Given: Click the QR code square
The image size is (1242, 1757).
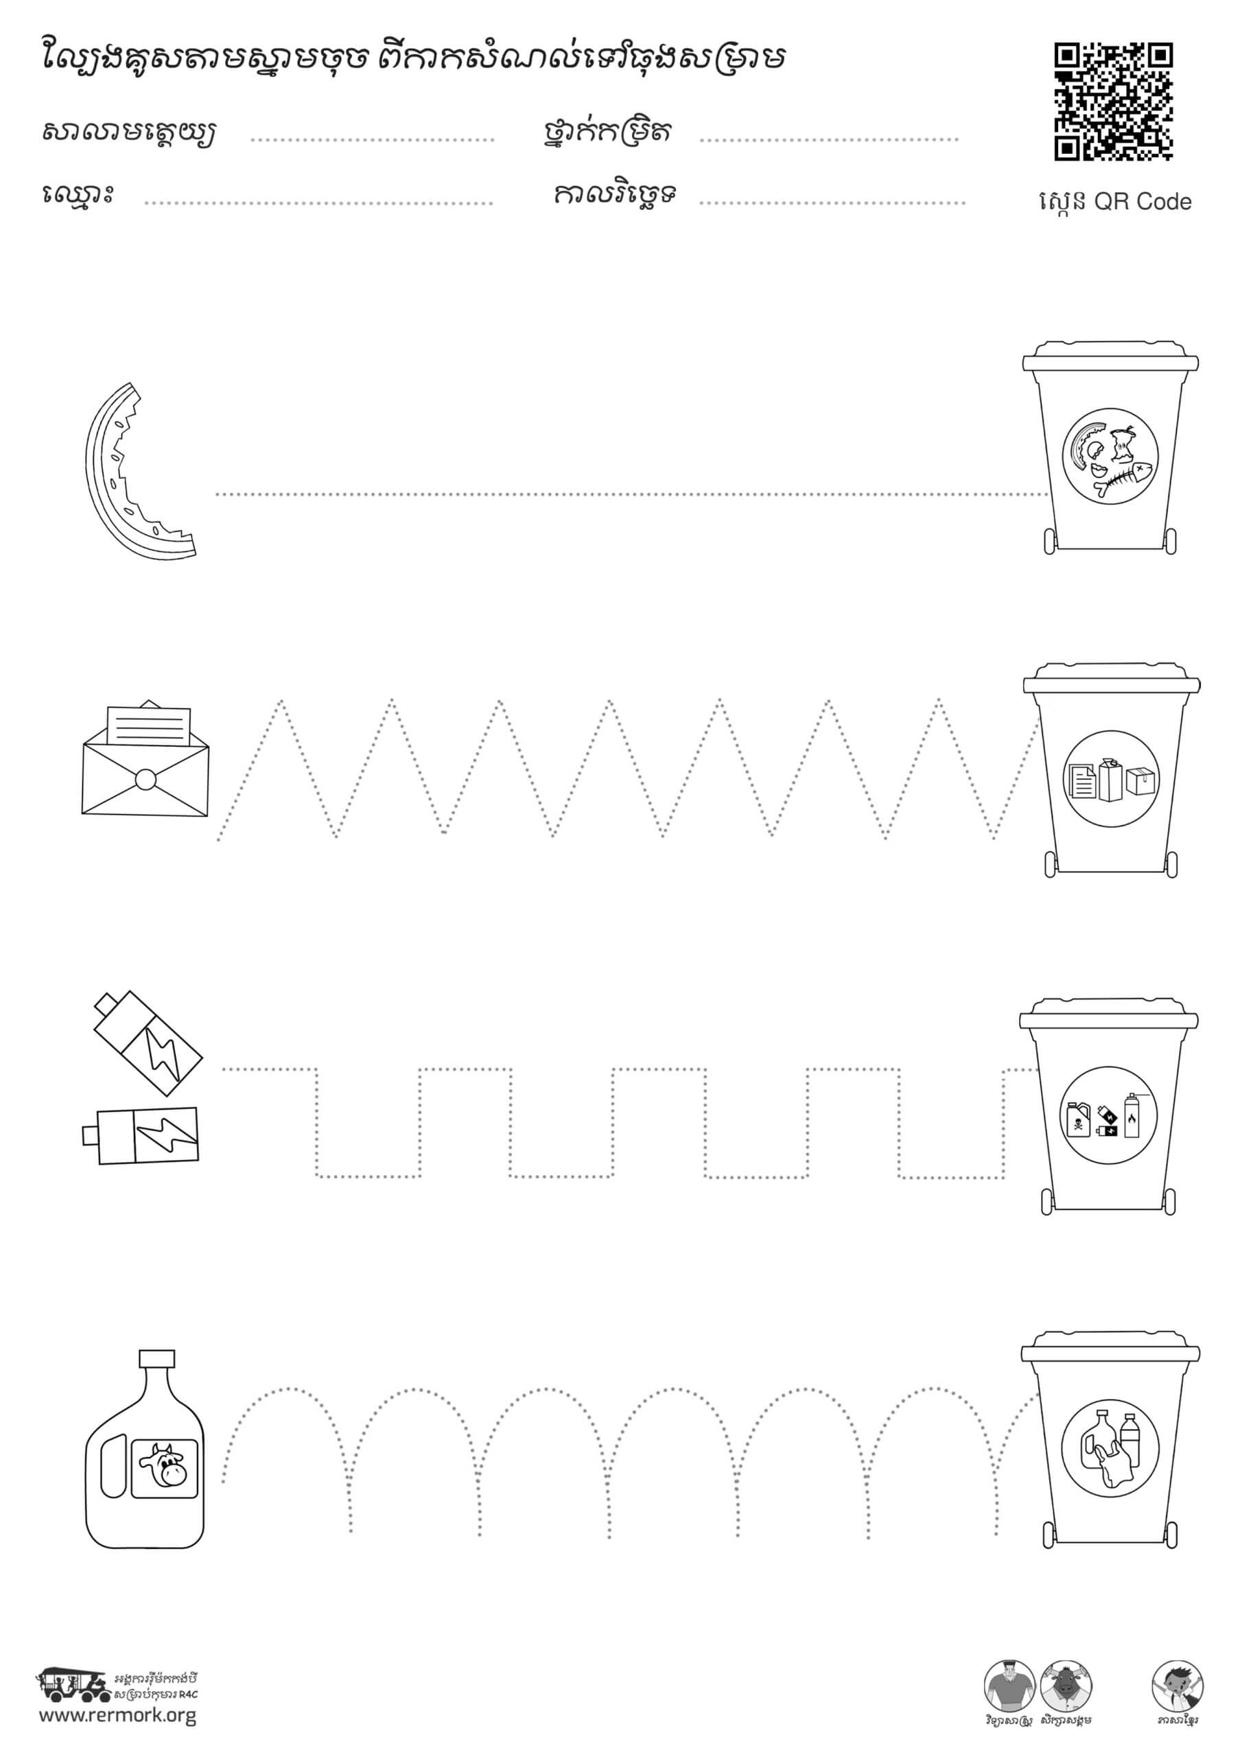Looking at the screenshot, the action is [1114, 102].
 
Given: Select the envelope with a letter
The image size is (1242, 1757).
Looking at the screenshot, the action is [145, 758].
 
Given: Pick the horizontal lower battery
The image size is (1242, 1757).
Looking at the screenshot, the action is [141, 1136].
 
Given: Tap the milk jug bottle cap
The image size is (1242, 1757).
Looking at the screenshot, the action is [157, 1358].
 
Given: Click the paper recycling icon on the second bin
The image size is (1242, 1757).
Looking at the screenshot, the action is [1111, 779].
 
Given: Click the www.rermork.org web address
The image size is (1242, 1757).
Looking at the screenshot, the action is [118, 1716].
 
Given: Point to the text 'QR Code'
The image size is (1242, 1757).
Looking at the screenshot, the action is [1143, 201].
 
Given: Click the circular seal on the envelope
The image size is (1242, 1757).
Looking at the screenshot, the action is [145, 780].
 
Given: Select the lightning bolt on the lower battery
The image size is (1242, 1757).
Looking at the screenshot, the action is [167, 1135].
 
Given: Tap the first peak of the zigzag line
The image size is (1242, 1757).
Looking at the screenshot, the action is [281, 701].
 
